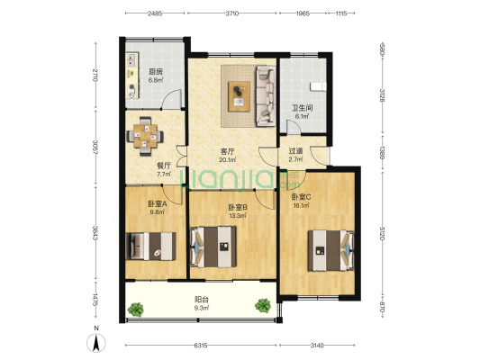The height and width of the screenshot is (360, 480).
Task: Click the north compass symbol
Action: coord(96,343)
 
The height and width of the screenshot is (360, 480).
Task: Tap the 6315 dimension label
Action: coord(201,346)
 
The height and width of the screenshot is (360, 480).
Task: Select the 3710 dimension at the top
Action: coord(232,13)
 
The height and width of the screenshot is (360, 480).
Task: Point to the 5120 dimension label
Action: coord(382,233)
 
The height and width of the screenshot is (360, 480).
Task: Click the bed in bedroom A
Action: coord(151,247)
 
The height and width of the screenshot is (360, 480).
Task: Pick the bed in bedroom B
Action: coord(213,247)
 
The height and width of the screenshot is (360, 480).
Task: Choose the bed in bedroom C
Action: coord(331,250)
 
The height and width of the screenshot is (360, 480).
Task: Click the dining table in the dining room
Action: coord(145,136)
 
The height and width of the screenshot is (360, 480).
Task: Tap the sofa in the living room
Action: coord(266,96)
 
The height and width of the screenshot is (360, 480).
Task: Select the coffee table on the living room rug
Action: coord(239,96)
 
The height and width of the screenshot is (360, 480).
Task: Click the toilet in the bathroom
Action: coord(319,86)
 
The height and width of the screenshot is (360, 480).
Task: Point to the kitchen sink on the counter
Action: coord(132,59)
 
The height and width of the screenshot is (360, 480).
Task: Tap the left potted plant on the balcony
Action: coord(136,310)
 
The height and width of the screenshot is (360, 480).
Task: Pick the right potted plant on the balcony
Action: coord(263,306)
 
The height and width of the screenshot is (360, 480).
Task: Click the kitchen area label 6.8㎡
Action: coord(156,80)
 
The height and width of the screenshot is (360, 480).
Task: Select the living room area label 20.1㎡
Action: coord(227,159)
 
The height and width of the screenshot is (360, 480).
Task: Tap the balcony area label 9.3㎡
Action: coord(202,308)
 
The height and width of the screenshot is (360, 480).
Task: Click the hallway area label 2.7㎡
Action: coord(295,159)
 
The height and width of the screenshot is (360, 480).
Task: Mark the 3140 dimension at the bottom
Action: coord(317,346)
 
